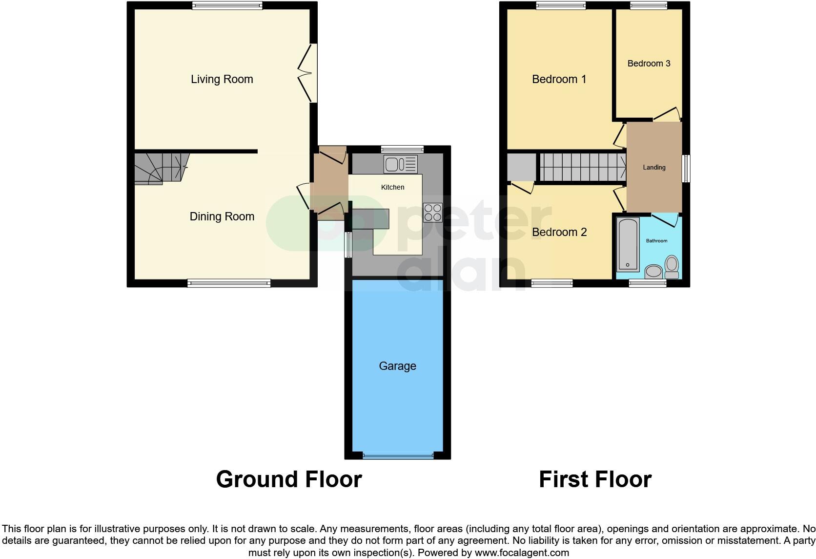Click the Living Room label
pos(222,79)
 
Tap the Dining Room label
pos(222,216)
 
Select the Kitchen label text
pos(392,187)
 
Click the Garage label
pos(397,366)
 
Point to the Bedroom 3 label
pos(649,64)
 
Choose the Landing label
pos(653,168)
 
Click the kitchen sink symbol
pos(400,164)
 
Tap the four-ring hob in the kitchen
pos(432,213)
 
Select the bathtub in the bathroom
pos(628,245)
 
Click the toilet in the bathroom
pos(672,267)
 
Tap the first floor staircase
pos(582,168)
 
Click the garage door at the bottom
pos(397,456)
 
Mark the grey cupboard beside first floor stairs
pos(521,168)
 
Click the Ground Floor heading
pos(289,479)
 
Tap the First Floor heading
pos(595,479)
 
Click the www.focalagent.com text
pos(522,553)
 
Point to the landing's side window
pos(686,169)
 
